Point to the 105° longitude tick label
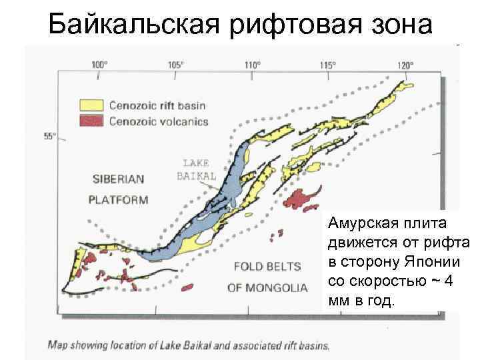[x=175, y=65]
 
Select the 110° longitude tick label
[x=251, y=65]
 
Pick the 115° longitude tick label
[x=327, y=65]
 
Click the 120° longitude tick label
[x=405, y=65]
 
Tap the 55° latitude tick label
[x=50, y=137]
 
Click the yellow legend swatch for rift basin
[x=92, y=105]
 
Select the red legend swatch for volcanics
[x=92, y=121]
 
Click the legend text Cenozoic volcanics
[x=159, y=121]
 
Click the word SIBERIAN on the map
[x=118, y=179]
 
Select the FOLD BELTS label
[x=267, y=267]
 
